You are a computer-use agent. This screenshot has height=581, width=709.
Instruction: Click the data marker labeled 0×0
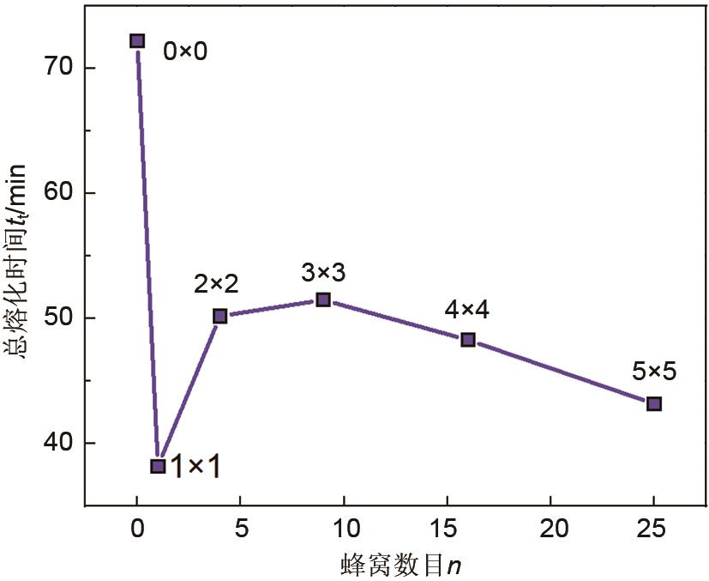click(137, 41)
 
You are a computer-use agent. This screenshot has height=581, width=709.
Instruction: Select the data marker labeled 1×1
click(158, 466)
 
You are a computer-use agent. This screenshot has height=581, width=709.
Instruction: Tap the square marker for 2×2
click(220, 316)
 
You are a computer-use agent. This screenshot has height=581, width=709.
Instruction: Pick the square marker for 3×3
click(323, 300)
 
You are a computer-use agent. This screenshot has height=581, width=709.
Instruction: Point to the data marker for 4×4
click(468, 340)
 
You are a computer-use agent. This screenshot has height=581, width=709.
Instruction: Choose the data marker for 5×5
click(654, 403)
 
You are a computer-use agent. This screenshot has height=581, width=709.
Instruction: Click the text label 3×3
click(323, 273)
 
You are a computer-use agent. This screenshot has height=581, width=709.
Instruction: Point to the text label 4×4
click(467, 311)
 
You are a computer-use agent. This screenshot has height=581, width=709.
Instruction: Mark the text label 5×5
click(654, 372)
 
